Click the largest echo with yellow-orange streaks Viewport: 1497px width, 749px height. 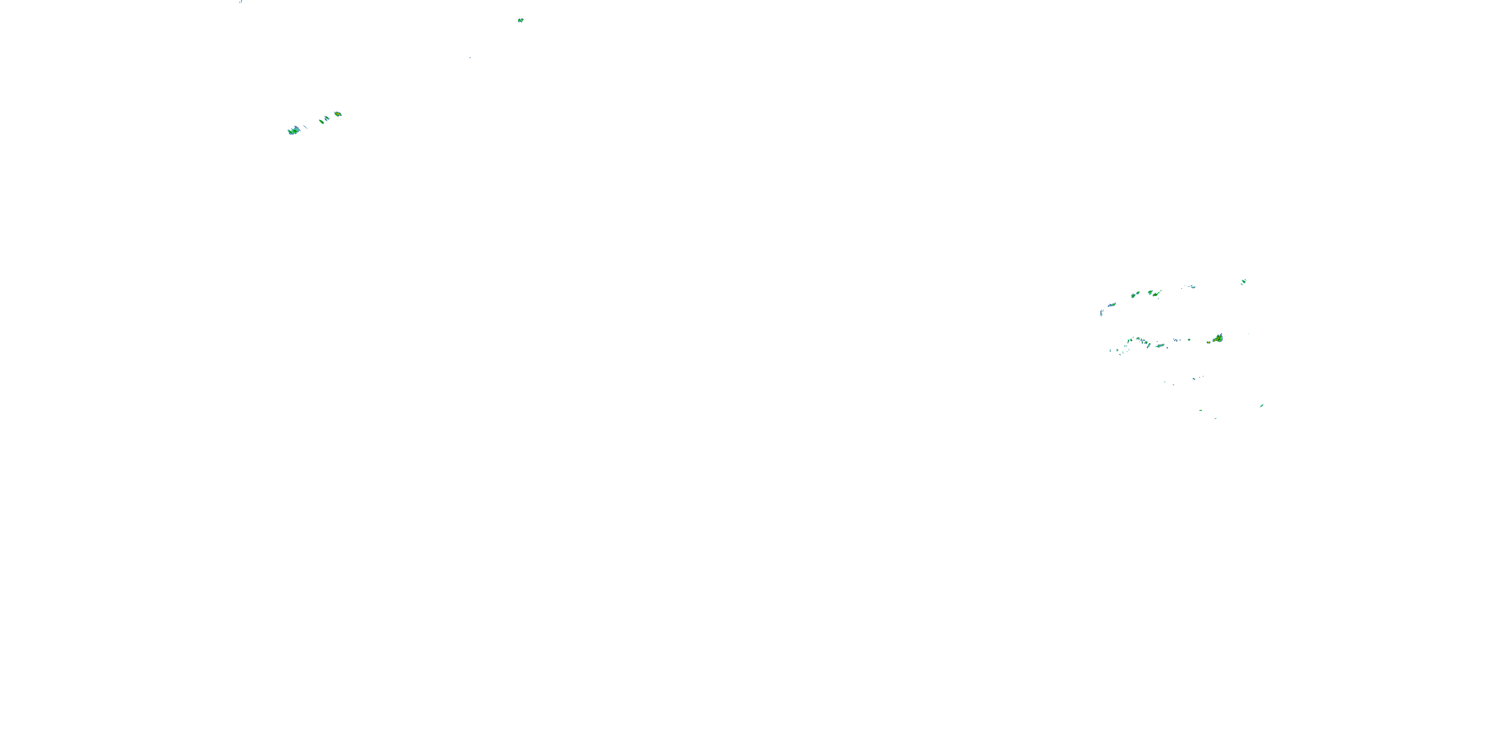pos(1218,338)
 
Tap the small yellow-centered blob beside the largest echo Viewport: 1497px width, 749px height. pos(1209,342)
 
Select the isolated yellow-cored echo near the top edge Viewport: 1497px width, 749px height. pos(520,20)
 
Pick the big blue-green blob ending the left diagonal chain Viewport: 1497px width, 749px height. pos(293,131)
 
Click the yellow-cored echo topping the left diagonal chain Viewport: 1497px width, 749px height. pos(338,114)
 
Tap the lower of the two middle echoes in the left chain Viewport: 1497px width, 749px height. pos(321,121)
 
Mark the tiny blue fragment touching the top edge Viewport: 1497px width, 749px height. pos(241,1)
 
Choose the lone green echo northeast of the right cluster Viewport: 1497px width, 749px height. pos(1243,282)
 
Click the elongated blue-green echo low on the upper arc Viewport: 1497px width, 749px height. pos(1112,305)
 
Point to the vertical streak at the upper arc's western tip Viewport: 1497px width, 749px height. pos(1101,313)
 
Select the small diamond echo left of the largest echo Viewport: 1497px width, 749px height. pos(1189,339)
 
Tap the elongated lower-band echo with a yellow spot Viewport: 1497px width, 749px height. pos(1160,346)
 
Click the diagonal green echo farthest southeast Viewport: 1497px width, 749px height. pos(1261,405)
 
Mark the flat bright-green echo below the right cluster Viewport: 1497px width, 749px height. pos(1201,410)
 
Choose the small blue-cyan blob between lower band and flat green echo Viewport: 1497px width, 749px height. pos(1194,378)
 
